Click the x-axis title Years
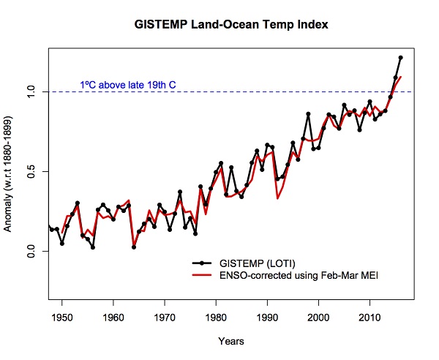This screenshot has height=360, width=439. pyautogui.click(x=230, y=341)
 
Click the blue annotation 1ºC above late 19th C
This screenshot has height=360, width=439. pyautogui.click(x=128, y=85)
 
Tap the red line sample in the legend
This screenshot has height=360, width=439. pyautogui.click(x=202, y=274)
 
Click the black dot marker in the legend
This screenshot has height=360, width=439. pyautogui.click(x=202, y=262)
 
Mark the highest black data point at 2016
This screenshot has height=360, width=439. pyautogui.click(x=400, y=57)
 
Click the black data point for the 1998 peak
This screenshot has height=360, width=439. pyautogui.click(x=308, y=114)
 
